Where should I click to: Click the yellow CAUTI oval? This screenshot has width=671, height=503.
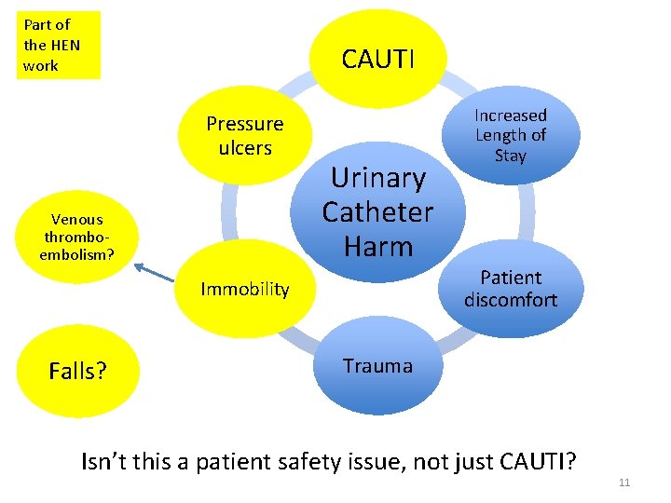click(x=377, y=58)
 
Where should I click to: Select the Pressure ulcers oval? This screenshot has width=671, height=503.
click(x=244, y=136)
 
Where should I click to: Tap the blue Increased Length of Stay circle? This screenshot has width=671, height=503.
click(x=510, y=135)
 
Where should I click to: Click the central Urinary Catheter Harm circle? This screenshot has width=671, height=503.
click(x=377, y=212)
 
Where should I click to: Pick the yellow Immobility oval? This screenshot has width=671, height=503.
click(x=245, y=290)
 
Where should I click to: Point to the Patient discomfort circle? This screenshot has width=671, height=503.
click(x=510, y=289)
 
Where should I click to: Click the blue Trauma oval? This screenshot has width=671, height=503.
click(x=377, y=367)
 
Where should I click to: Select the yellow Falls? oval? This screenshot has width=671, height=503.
click(x=77, y=372)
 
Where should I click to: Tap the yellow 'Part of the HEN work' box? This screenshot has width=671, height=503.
click(x=58, y=45)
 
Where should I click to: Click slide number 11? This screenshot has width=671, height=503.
click(x=624, y=483)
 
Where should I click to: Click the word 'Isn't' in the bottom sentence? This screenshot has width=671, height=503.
click(x=105, y=460)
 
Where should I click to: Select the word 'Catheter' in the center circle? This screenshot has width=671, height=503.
click(x=377, y=212)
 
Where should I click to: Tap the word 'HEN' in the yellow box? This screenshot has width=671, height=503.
click(x=65, y=45)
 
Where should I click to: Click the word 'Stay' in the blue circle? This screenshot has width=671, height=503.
click(x=510, y=156)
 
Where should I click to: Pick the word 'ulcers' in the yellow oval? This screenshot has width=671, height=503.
click(x=244, y=148)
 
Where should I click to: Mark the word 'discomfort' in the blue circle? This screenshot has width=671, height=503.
click(x=510, y=300)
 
